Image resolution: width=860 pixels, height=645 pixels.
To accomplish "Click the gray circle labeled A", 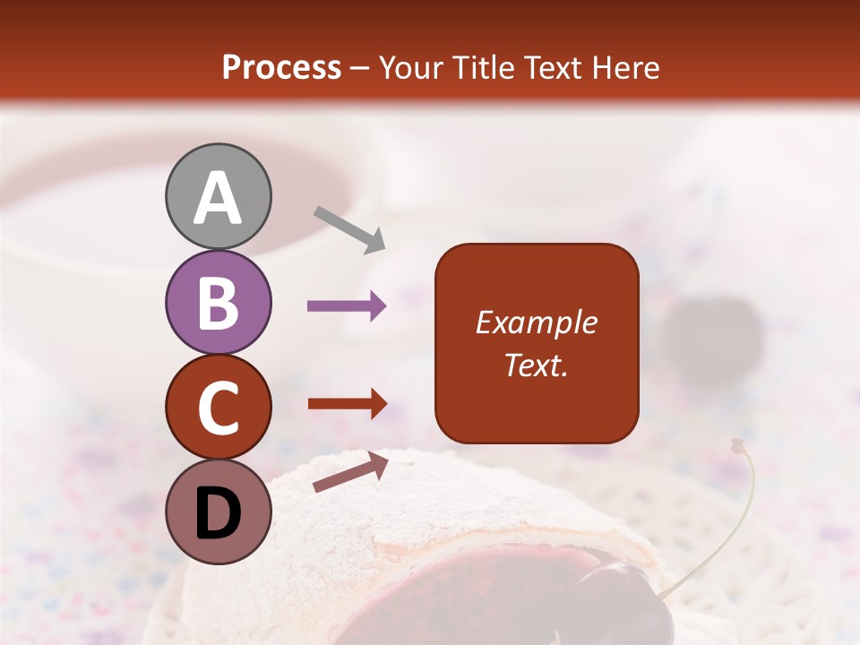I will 218,196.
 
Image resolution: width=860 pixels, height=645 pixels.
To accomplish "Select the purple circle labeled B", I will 218,302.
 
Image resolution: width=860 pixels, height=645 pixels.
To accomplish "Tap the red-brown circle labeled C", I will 218,408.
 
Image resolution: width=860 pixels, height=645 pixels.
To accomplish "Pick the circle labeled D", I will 218,512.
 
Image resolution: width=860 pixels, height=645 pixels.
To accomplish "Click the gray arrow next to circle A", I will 349,229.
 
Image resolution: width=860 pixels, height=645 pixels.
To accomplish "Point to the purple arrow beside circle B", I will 347,306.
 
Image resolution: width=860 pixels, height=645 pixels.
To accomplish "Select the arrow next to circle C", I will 347,404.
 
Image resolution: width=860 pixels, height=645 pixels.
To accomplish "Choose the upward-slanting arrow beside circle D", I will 350,472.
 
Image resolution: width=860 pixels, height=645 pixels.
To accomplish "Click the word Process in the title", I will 281,68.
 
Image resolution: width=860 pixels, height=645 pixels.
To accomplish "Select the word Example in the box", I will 536,322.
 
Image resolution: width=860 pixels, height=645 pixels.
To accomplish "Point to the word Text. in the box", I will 536,365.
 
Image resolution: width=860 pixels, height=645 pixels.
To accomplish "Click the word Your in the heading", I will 409,68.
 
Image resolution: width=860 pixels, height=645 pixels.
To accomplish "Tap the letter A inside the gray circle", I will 218,198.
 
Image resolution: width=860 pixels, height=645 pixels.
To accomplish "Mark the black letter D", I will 218,514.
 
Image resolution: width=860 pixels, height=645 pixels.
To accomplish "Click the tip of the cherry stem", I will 737,444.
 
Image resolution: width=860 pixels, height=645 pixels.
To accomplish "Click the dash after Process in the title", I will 360,69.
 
